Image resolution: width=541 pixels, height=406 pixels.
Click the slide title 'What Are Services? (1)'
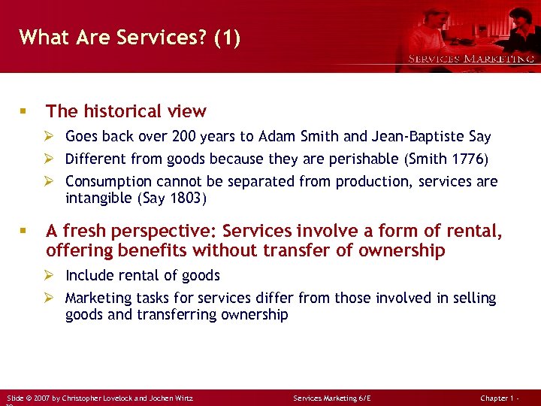point(130,38)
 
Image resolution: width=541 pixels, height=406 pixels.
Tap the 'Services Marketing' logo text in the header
point(471,59)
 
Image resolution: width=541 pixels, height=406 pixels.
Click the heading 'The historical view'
point(125,111)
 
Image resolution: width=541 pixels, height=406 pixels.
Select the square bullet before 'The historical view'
point(25,111)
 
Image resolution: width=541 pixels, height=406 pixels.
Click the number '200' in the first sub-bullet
point(185,137)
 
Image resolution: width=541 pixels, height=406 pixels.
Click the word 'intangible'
point(98,198)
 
